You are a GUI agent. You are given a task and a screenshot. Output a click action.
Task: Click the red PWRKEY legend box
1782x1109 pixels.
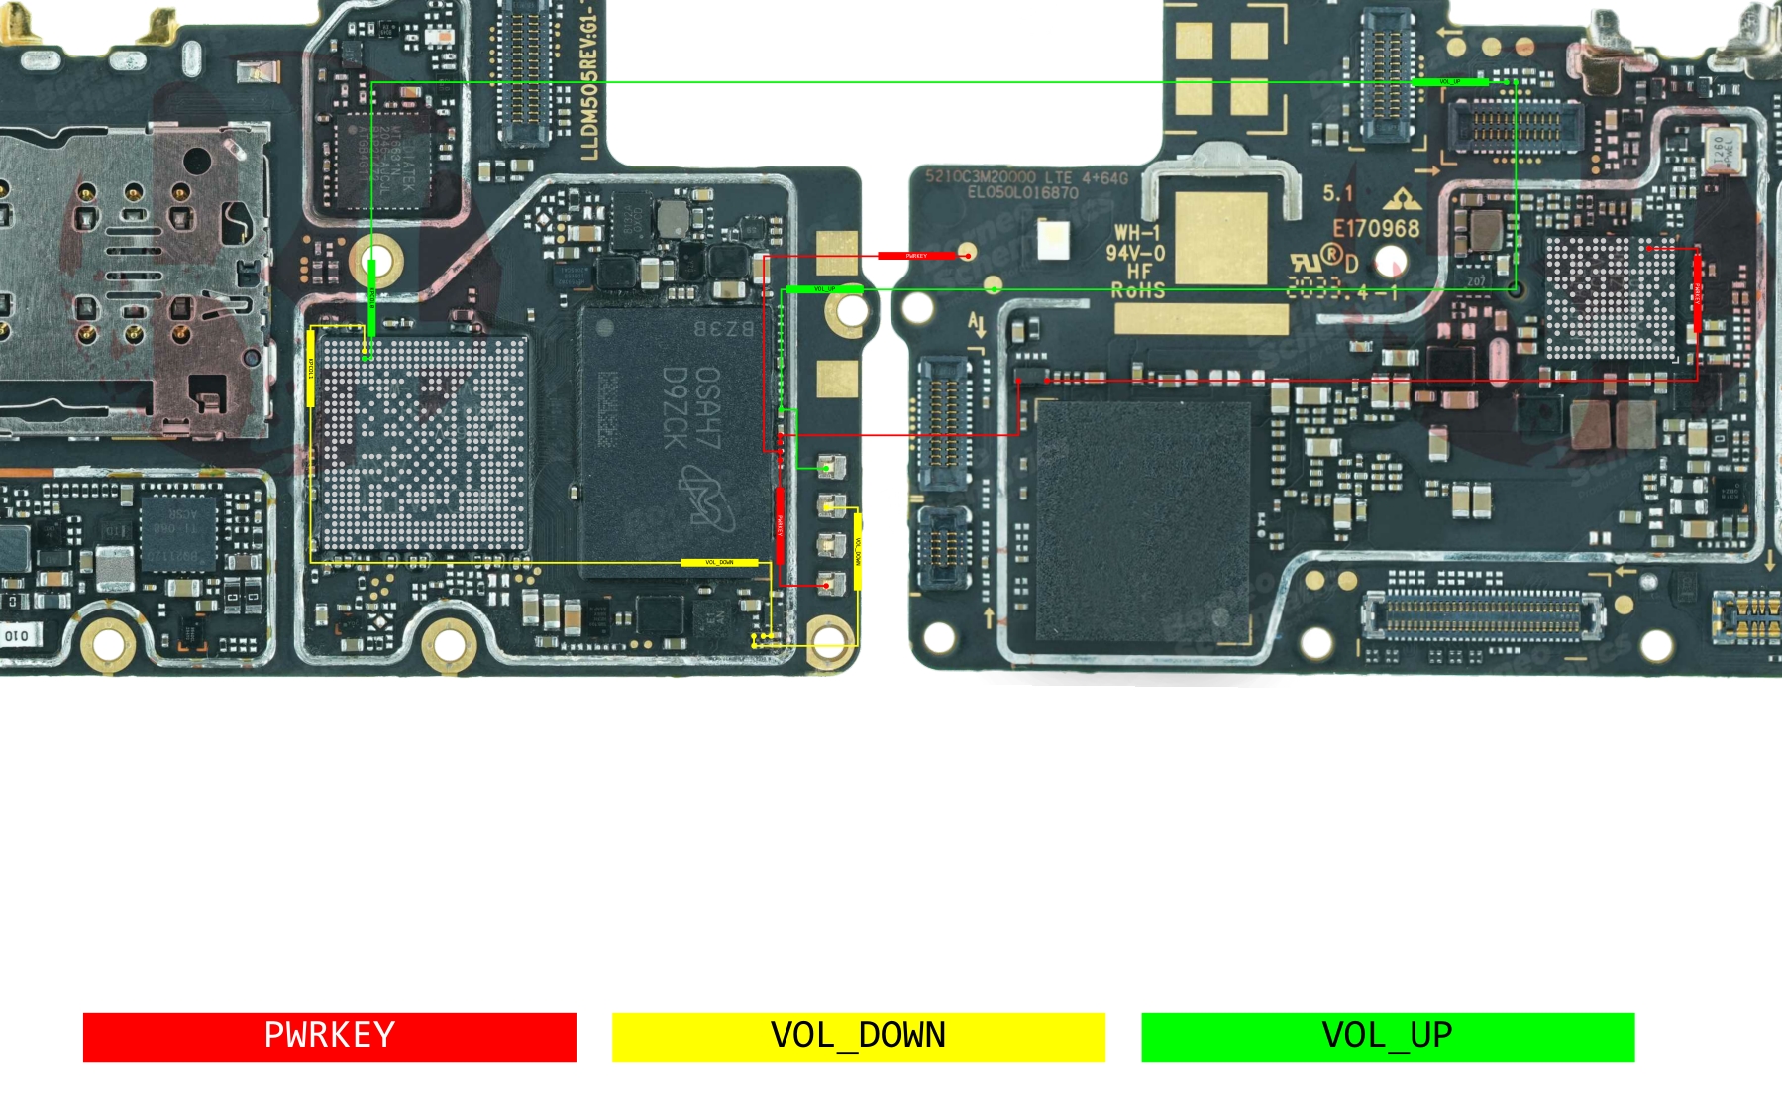(329, 1037)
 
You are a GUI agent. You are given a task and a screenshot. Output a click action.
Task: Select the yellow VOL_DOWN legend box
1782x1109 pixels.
(858, 1037)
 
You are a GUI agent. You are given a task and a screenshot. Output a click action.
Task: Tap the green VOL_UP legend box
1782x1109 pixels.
(1387, 1037)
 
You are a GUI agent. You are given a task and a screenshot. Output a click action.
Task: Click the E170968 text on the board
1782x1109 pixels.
(1375, 229)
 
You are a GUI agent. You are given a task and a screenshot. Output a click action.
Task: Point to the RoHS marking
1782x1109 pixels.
(1137, 290)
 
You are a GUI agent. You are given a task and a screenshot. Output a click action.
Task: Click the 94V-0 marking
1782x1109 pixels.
(1135, 253)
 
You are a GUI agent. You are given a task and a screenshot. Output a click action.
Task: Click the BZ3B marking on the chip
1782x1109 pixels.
(723, 328)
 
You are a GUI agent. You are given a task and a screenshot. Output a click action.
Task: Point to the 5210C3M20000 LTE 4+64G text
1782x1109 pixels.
(1026, 177)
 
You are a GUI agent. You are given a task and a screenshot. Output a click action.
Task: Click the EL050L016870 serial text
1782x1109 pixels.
(1022, 192)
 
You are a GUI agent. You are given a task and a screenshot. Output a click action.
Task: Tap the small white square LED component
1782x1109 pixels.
(1052, 238)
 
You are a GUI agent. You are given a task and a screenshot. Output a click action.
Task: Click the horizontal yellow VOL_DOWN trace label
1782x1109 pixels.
(719, 563)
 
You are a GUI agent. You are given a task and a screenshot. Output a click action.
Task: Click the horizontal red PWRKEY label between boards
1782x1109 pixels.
(916, 256)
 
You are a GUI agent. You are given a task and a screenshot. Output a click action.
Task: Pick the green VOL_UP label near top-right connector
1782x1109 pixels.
(1449, 82)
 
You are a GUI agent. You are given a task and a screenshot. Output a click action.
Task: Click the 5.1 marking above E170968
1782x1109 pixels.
(1337, 193)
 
